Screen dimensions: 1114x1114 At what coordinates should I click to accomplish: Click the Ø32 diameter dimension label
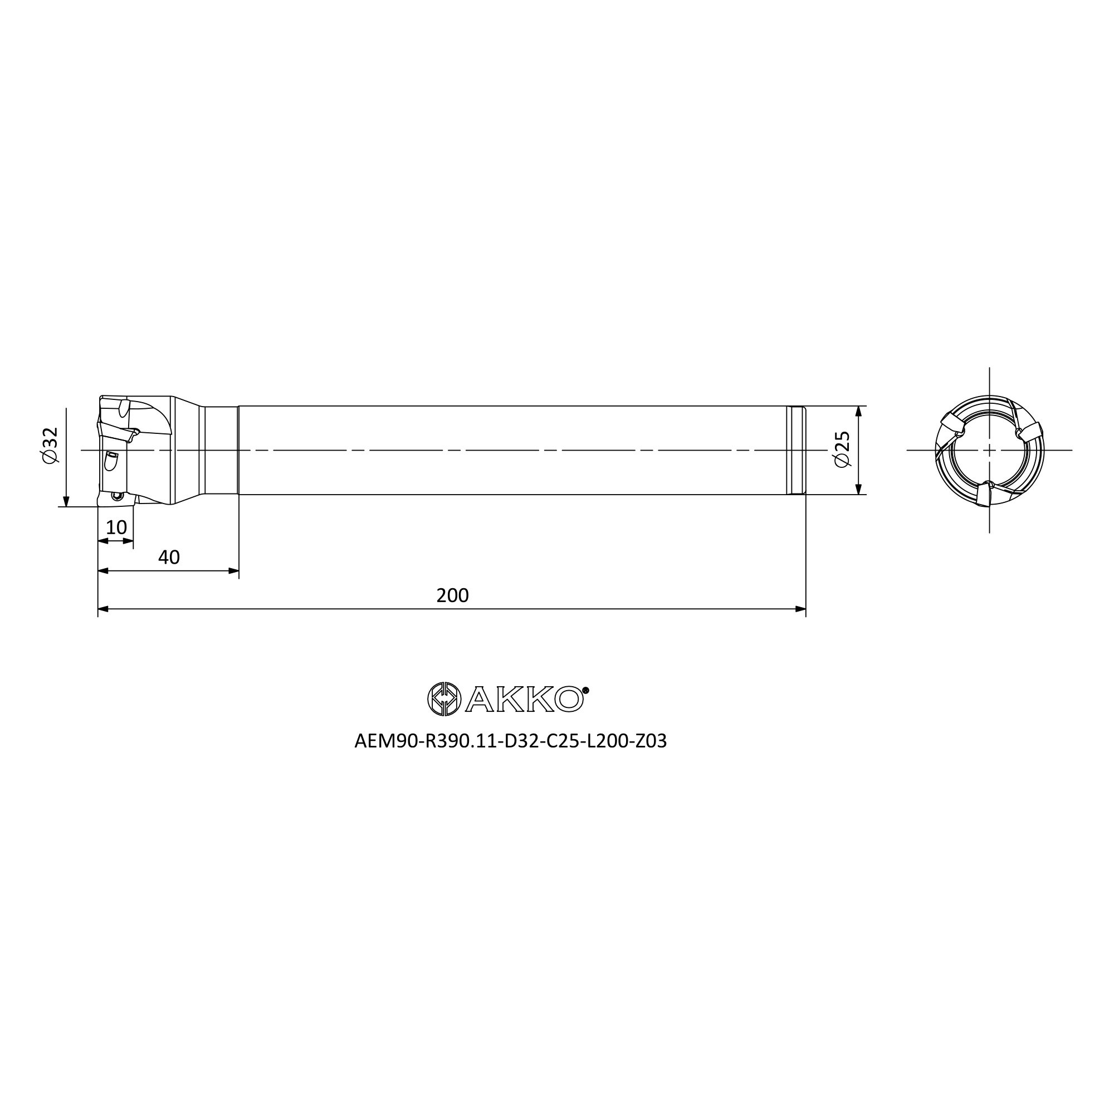point(50,444)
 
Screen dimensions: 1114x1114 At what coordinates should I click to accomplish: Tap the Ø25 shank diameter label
point(842,449)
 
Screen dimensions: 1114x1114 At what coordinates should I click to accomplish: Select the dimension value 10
point(116,527)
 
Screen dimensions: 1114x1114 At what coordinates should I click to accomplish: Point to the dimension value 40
point(169,557)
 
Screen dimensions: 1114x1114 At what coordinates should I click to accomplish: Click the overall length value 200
point(453,595)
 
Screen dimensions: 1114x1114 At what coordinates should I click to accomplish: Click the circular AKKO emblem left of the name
point(444,699)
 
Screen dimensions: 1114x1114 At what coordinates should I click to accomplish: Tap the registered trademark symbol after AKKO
point(586,690)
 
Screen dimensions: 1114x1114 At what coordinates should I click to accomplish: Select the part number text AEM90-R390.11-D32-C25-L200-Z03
point(510,741)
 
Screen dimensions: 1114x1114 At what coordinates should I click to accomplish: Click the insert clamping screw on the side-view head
point(118,495)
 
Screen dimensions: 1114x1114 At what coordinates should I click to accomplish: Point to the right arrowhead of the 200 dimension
point(800,609)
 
